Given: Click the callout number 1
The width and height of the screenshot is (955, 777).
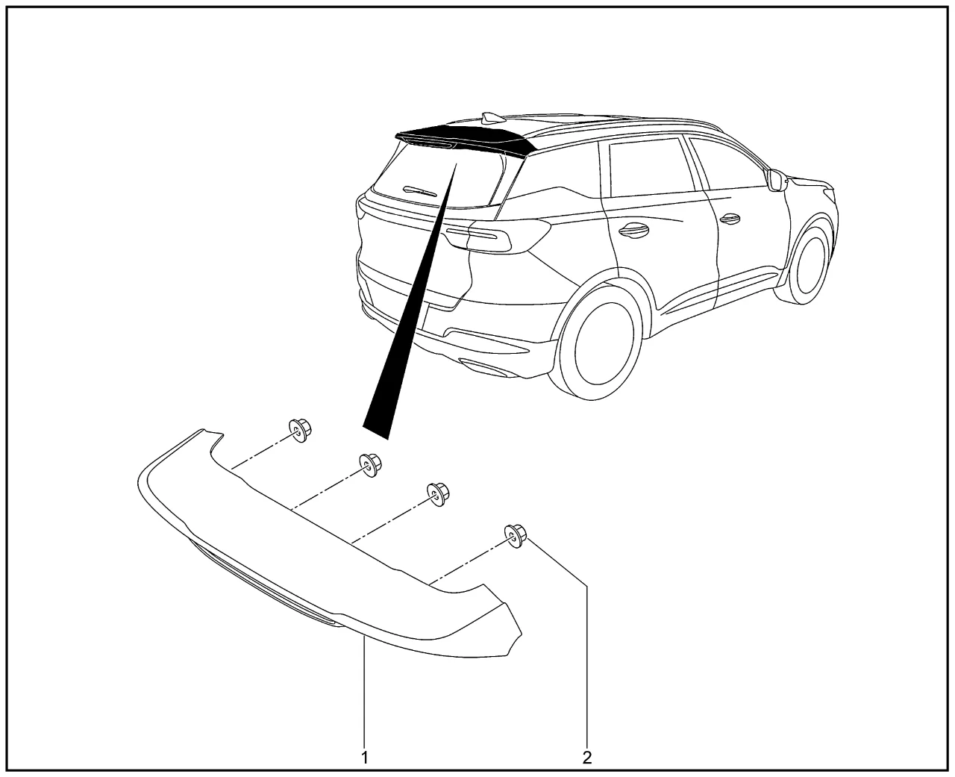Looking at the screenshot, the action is tap(365, 758).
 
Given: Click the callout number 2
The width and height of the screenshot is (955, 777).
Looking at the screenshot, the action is tap(587, 758).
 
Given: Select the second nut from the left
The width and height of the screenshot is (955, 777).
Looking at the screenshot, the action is tap(371, 465).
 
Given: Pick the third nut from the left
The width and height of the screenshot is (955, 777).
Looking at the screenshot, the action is tap(438, 494).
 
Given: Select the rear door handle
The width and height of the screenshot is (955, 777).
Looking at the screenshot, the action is tap(633, 230).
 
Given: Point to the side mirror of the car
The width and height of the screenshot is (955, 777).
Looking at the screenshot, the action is tap(778, 179).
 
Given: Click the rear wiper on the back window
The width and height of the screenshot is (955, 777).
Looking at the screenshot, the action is tap(419, 191).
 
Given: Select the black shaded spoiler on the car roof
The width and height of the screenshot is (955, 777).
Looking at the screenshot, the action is tap(466, 136).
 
